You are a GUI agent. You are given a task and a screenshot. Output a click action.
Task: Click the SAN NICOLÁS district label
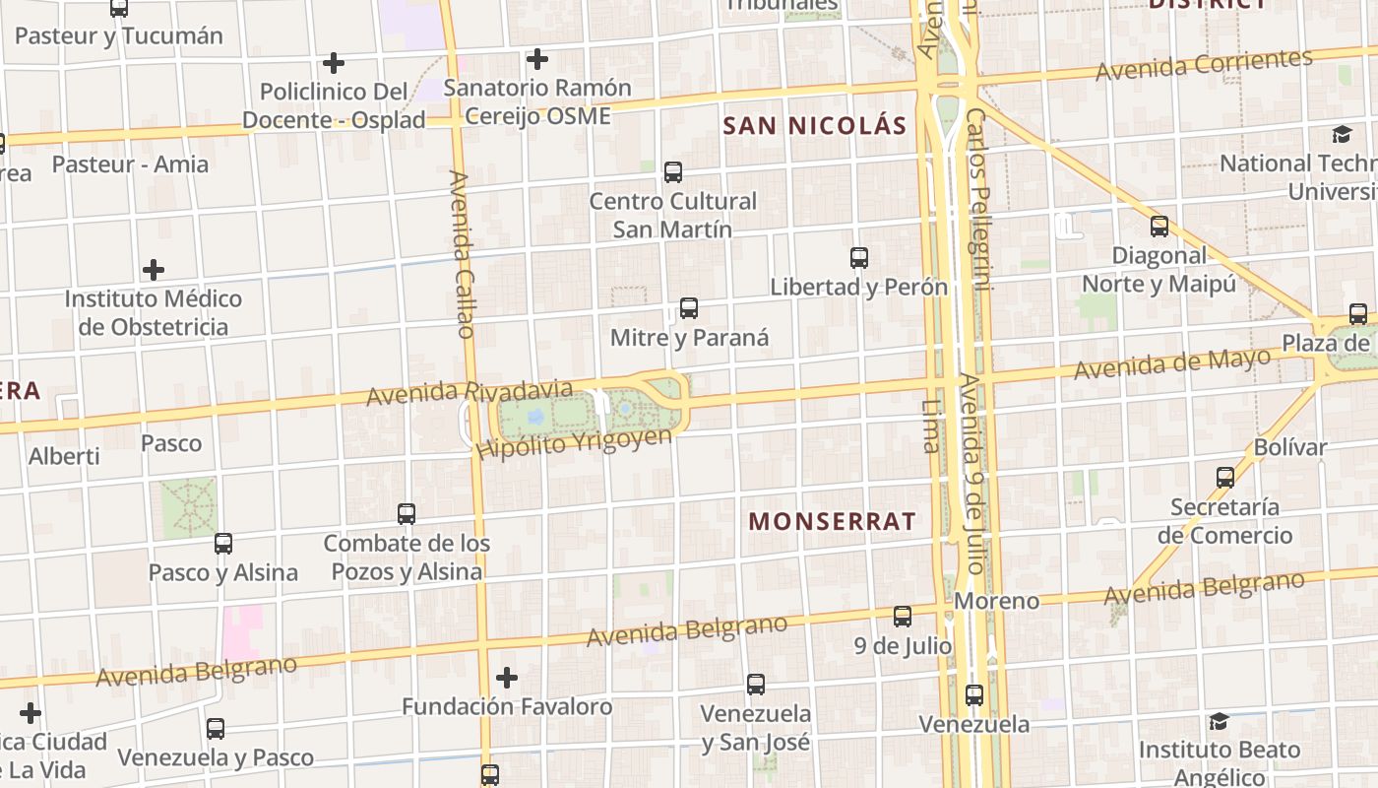click(814, 125)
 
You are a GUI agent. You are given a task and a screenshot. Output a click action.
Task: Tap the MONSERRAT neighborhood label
click(833, 521)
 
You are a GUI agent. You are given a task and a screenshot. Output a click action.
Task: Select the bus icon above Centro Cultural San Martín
click(673, 172)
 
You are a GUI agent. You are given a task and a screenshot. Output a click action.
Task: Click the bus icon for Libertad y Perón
click(859, 258)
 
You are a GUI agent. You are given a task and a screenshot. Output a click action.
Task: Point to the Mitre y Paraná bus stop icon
click(689, 308)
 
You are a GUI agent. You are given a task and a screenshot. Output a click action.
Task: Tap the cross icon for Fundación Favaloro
click(507, 678)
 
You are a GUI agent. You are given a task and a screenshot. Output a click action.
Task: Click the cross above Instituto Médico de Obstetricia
click(154, 269)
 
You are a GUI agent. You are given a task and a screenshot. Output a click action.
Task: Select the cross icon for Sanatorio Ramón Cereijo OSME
click(536, 59)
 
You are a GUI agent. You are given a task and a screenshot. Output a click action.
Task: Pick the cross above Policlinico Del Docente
click(334, 63)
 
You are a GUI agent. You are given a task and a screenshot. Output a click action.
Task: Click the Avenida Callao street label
click(462, 253)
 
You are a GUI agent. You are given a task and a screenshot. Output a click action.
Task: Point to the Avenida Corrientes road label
click(1204, 65)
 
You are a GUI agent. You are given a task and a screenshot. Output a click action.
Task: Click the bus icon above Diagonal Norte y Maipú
click(1159, 227)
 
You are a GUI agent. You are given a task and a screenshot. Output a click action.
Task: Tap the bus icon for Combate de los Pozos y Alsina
click(407, 513)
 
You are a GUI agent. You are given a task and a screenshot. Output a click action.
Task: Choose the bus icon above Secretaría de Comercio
click(1225, 478)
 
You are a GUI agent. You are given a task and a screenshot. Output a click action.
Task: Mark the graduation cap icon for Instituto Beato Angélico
click(1219, 721)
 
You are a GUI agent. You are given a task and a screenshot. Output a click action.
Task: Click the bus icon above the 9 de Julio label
click(903, 617)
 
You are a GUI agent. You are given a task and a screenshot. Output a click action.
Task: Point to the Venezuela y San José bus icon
click(756, 684)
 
